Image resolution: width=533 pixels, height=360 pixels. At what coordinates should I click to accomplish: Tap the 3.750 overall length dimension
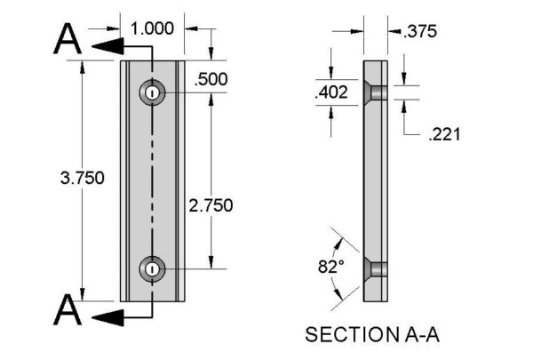coord(82,177)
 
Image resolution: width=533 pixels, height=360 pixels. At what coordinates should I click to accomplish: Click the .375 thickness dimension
coord(419,32)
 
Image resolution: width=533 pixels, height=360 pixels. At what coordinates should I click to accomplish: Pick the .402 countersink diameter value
coord(330,92)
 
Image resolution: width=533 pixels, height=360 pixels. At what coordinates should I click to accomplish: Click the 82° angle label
coord(330,267)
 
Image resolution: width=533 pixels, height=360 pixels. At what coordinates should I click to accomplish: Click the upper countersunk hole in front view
coord(154,92)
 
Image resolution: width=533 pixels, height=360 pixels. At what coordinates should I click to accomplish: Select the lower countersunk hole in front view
coord(154,268)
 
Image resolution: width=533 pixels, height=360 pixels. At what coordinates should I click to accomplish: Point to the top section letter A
coord(68,39)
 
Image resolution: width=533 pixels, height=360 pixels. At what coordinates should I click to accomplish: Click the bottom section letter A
coord(68,312)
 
